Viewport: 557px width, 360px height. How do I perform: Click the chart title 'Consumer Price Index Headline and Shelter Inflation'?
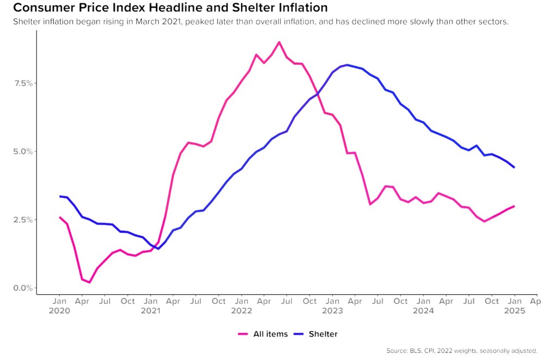170,8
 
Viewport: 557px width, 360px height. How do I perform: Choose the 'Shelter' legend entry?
316,334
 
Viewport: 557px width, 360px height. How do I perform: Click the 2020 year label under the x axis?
59,311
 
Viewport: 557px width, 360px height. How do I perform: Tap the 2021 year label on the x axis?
151,311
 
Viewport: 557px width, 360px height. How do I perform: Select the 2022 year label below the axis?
242,311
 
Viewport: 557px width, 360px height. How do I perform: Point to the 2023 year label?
332,311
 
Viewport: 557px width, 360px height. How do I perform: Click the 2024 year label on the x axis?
424,311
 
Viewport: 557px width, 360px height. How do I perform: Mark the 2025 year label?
515,311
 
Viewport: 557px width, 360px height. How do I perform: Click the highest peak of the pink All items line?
279,42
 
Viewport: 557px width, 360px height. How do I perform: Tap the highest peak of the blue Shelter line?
348,65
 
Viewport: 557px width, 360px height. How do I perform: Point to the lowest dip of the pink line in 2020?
90,282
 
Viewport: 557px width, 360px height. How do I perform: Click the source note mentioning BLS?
462,351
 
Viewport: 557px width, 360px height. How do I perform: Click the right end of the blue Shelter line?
515,167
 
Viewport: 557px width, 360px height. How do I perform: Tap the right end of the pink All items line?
515,206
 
